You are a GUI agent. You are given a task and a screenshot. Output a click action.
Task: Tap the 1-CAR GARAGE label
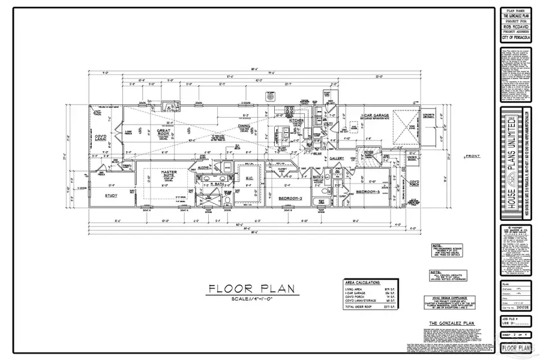click(x=376, y=115)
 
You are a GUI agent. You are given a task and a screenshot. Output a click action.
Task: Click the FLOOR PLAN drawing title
click(x=251, y=289)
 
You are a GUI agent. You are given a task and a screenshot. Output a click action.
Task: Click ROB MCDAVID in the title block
click(x=515, y=27)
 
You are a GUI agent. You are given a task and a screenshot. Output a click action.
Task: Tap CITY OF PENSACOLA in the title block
click(x=515, y=39)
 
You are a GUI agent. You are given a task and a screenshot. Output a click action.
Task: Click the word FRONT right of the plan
click(x=472, y=157)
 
